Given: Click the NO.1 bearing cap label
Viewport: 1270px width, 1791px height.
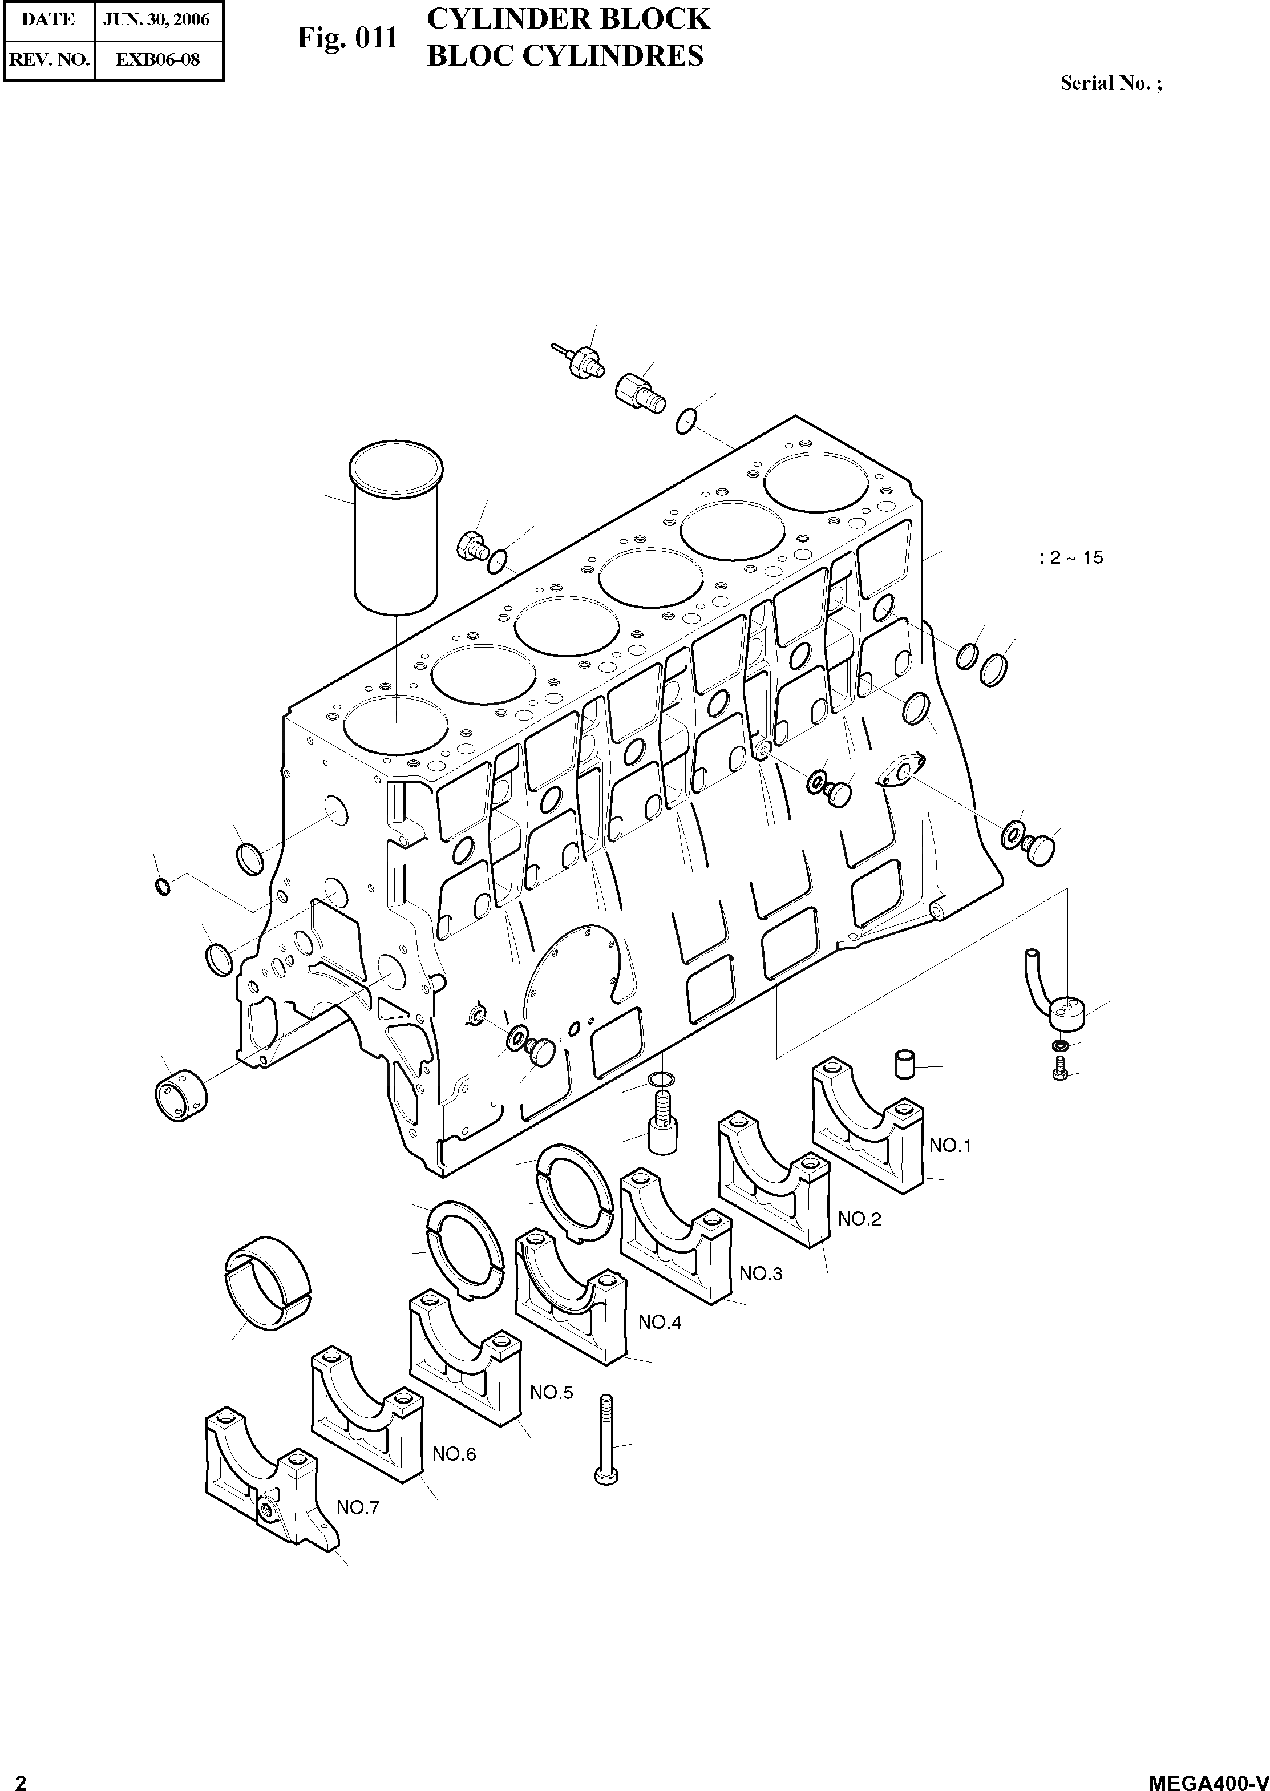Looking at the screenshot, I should coord(949,1146).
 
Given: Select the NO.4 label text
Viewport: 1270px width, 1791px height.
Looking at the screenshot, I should coord(659,1323).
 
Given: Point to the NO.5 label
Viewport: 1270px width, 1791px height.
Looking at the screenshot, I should coord(551,1392).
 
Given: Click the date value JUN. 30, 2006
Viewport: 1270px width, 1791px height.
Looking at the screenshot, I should coord(156,19).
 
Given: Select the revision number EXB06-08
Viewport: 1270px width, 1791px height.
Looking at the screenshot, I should coord(157,59).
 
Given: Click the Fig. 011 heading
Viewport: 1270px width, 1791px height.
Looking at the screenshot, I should coord(346,38).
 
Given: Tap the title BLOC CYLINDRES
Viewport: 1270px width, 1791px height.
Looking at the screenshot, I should coord(565,56).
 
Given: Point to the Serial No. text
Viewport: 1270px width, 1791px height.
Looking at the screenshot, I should coord(1110,83).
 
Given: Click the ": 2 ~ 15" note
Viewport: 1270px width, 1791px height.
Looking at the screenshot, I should coord(1071,557).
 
